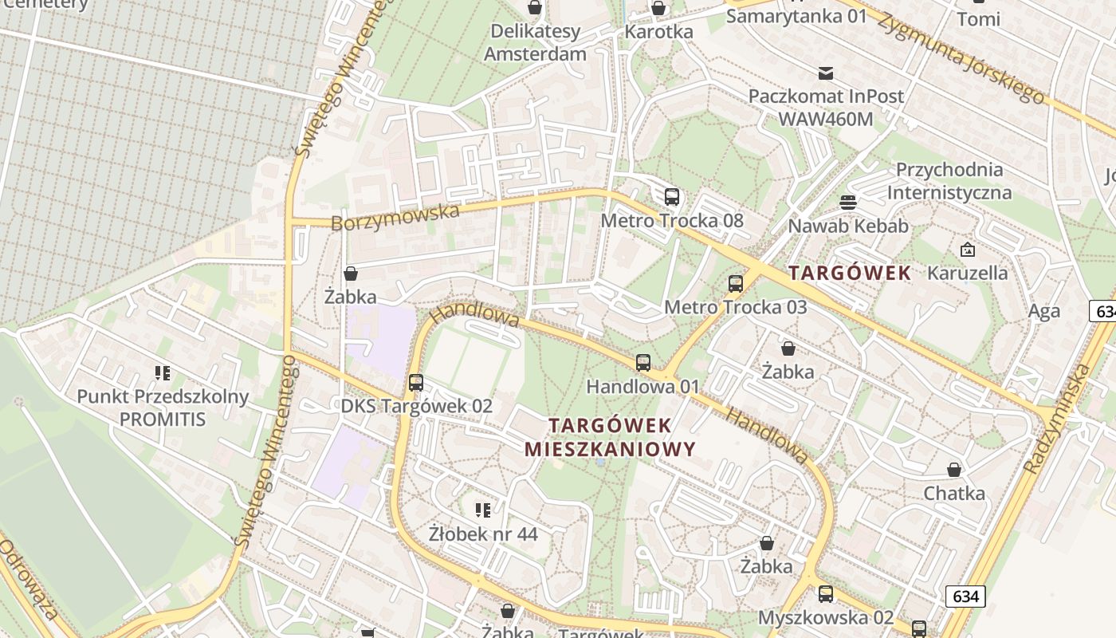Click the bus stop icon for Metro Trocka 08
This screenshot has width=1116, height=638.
[672, 196]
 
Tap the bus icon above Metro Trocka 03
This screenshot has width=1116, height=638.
[736, 283]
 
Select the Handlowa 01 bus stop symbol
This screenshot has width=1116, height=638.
[643, 363]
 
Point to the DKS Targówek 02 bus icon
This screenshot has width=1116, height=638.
[416, 382]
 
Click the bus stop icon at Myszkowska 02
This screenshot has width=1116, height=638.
[826, 594]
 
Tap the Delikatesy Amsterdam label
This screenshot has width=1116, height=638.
[535, 43]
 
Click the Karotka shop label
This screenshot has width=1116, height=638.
[658, 32]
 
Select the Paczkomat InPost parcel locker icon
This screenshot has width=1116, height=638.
[826, 73]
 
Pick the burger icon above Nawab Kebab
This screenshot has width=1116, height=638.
[847, 203]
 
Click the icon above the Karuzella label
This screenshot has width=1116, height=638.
[967, 250]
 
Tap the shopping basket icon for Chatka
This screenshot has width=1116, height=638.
[954, 470]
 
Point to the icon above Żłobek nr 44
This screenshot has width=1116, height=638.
[482, 510]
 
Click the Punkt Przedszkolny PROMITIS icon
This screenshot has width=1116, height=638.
[163, 372]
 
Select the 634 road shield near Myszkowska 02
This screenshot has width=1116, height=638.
[966, 596]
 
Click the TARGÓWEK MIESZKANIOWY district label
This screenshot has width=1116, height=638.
[610, 436]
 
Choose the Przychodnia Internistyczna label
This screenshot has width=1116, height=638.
[949, 181]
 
